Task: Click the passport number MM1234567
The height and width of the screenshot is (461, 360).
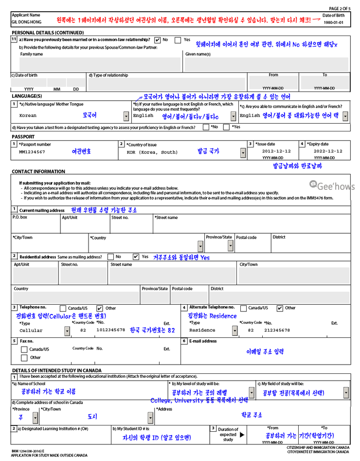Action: [32, 152]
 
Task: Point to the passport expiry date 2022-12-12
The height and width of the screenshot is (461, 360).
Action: [324, 151]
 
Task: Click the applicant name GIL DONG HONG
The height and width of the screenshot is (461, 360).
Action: [26, 22]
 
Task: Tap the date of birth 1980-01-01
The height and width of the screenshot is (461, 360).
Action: [333, 22]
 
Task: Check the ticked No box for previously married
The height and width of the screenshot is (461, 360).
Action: [158, 40]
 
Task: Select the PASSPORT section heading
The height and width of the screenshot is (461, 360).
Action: [23, 137]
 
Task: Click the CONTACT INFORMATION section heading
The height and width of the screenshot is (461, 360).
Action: [38, 171]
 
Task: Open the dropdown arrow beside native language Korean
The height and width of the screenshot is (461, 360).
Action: [126, 116]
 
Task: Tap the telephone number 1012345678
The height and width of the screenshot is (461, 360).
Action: [110, 330]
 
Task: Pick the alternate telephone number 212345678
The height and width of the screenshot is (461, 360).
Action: [277, 330]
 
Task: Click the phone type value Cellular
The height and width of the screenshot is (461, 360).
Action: [31, 331]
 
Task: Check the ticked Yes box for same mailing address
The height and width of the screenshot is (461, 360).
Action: [136, 257]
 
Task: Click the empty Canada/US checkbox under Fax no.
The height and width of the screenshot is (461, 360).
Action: [24, 349]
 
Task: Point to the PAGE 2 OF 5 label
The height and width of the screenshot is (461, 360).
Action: [340, 9]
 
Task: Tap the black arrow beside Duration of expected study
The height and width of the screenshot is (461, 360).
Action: [242, 435]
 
